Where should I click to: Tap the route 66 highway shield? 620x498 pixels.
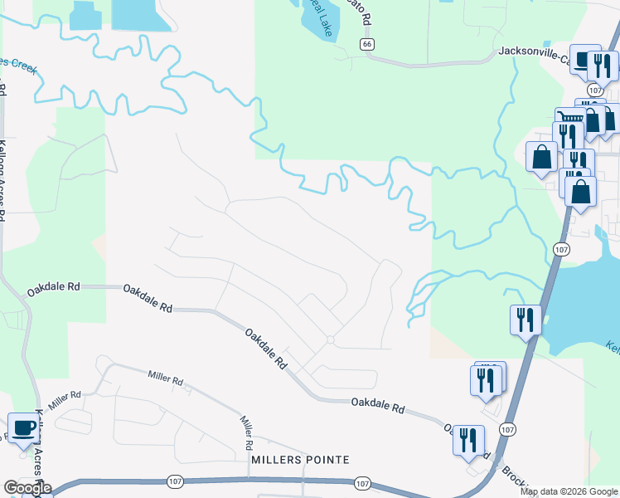367,43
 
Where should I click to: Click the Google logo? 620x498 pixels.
27,488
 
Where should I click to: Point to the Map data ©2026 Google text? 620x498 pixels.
569,491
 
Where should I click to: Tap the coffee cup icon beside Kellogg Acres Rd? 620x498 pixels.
23,428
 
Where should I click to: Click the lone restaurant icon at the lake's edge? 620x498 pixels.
526,319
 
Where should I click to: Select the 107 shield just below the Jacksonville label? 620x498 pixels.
595,90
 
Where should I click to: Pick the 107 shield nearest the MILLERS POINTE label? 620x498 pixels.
361,482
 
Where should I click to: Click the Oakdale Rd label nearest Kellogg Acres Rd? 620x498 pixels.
52,290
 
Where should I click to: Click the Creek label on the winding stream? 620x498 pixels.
20,66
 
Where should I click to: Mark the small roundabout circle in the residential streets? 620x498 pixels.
330,339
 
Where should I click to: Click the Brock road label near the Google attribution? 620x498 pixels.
508,475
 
